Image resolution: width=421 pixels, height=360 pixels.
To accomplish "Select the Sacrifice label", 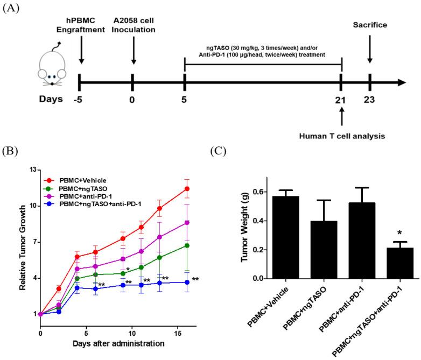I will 370,25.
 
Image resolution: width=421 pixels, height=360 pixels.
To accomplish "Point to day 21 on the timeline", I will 341,100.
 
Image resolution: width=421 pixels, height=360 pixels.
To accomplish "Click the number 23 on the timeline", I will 370,100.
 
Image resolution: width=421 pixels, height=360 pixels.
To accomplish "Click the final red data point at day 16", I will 187,188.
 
